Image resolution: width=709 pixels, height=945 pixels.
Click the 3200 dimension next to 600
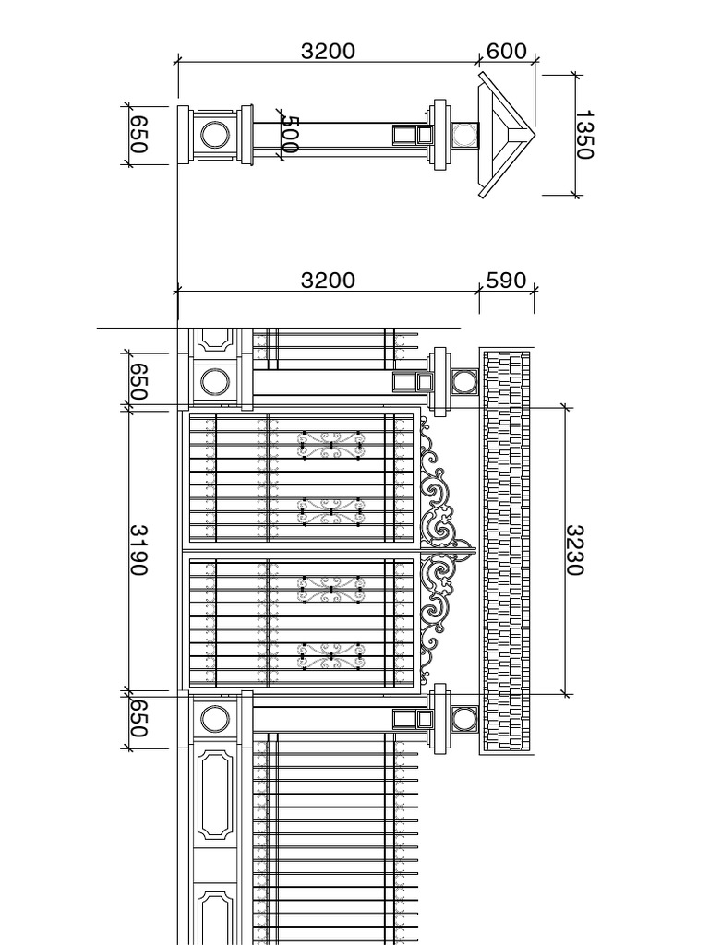pyautogui.click(x=328, y=52)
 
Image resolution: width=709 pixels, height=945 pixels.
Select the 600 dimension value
pyautogui.click(x=507, y=52)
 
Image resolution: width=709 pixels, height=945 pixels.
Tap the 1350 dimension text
pyautogui.click(x=584, y=135)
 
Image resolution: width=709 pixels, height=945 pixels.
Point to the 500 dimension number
pyautogui.click(x=291, y=135)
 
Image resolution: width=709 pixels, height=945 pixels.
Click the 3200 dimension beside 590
pyautogui.click(x=328, y=281)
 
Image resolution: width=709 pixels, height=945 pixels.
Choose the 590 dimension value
pyautogui.click(x=507, y=281)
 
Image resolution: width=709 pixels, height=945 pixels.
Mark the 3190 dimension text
pyautogui.click(x=139, y=550)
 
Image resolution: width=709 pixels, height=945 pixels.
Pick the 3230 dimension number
pyautogui.click(x=574, y=550)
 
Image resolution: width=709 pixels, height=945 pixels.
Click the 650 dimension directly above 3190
pyautogui.click(x=139, y=381)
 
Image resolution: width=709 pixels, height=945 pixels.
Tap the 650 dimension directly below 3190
pyautogui.click(x=139, y=718)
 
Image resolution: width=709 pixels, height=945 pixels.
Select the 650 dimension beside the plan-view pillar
pyautogui.click(x=139, y=135)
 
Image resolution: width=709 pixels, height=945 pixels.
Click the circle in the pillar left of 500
pyautogui.click(x=215, y=121)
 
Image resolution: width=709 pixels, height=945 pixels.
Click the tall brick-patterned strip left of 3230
pyautogui.click(x=507, y=550)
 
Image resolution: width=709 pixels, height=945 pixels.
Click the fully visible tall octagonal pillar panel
pyautogui.click(x=215, y=795)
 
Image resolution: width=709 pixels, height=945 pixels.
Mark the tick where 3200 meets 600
pyautogui.click(x=480, y=61)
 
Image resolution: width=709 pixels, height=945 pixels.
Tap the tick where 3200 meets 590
pyautogui.click(x=480, y=291)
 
